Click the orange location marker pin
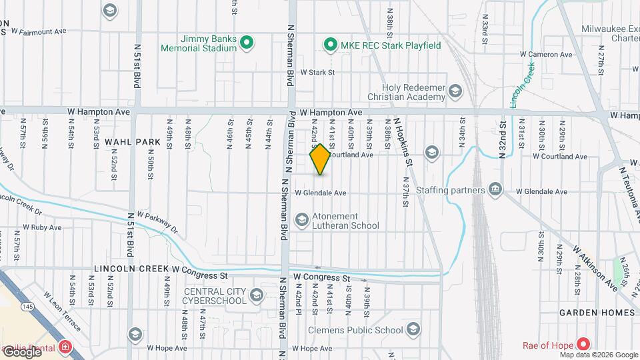pos(320,159)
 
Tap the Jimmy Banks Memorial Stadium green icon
pos(246,44)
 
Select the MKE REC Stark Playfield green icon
pos(329,45)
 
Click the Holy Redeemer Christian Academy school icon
pos(455,91)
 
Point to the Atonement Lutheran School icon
pos(302,220)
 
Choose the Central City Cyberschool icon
pos(256,295)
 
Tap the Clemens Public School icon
pos(413,330)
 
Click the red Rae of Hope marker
pos(583,345)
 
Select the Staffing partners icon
pos(495,191)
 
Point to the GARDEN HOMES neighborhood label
pos(597,313)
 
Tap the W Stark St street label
pos(317,72)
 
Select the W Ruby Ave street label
pos(42,227)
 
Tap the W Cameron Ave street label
pos(546,53)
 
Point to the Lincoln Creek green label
pos(523,85)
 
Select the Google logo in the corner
pos(21,351)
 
